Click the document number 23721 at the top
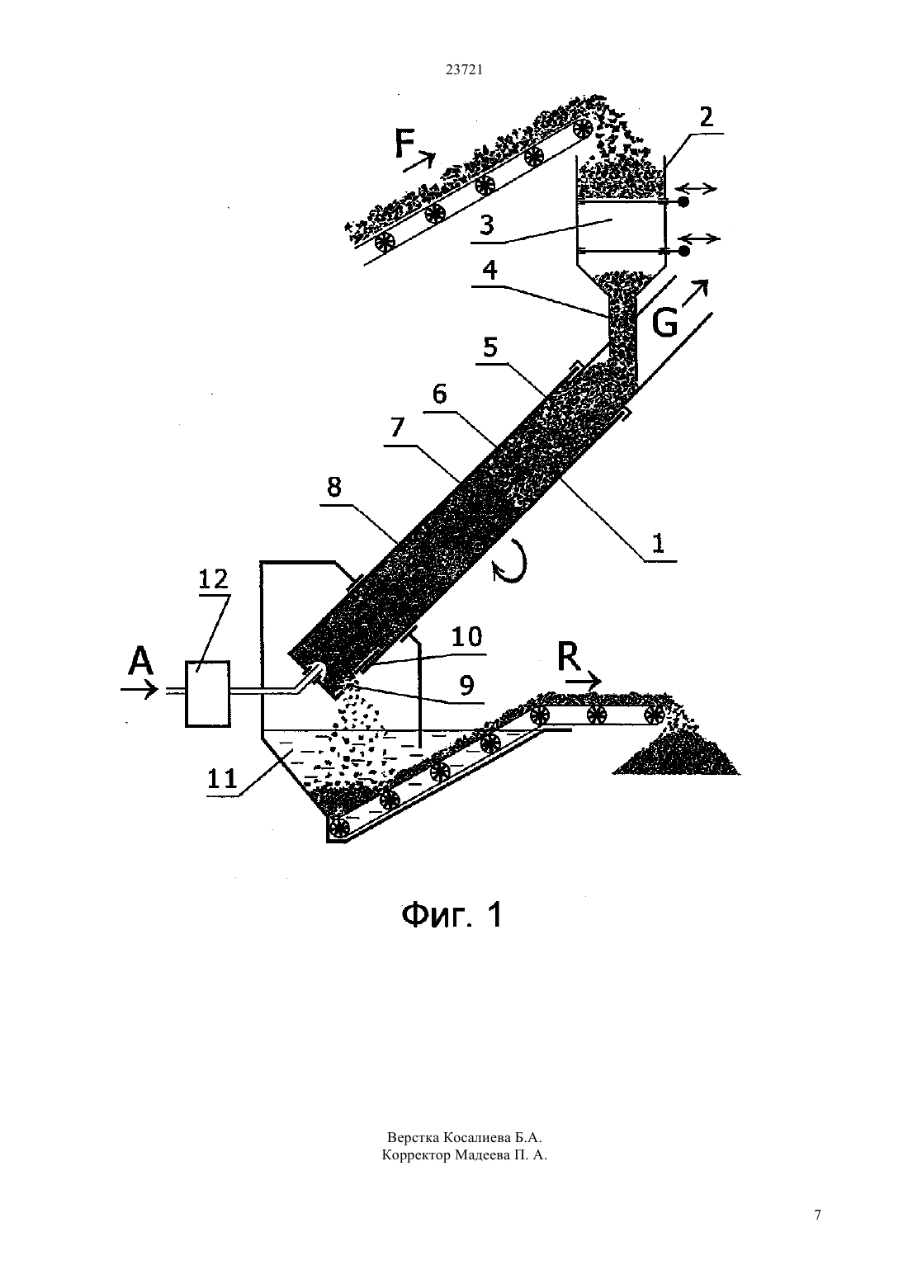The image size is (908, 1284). (x=464, y=70)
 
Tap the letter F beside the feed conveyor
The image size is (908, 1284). (x=404, y=144)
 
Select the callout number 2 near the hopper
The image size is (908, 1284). (x=707, y=116)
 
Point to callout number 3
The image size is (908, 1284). (x=487, y=225)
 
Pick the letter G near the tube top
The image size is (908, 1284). (x=665, y=324)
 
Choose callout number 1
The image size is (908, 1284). (x=658, y=542)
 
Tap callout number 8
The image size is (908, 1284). (x=333, y=487)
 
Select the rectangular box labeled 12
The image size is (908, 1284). (x=207, y=694)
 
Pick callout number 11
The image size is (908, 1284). (x=222, y=778)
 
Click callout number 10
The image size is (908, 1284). (x=466, y=636)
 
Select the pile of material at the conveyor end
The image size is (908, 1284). (x=676, y=750)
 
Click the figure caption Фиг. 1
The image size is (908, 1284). (x=452, y=913)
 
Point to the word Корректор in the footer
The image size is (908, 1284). (x=416, y=1155)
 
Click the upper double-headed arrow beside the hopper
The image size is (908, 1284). (x=696, y=189)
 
